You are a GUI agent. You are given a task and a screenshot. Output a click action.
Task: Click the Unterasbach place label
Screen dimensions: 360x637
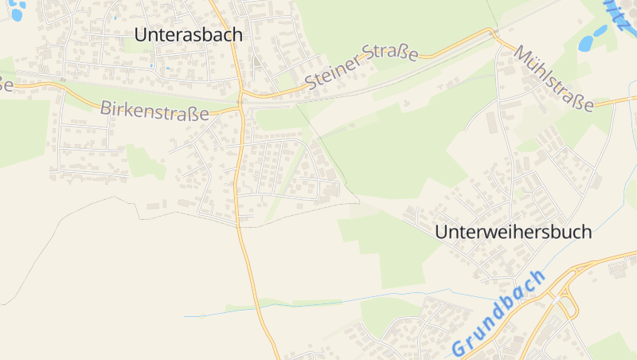[189, 35]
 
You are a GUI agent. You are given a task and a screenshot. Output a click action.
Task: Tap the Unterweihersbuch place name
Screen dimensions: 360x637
[514, 233]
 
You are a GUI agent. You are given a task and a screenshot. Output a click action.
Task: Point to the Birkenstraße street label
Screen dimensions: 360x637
[154, 111]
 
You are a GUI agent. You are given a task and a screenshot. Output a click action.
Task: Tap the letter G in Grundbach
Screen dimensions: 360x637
[459, 348]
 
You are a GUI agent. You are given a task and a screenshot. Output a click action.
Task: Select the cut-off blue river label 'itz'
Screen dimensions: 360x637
[621, 14]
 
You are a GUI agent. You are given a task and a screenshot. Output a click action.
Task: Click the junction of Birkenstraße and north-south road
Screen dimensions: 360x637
[240, 104]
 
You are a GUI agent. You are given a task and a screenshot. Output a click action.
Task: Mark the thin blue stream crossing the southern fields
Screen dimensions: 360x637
[318, 303]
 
